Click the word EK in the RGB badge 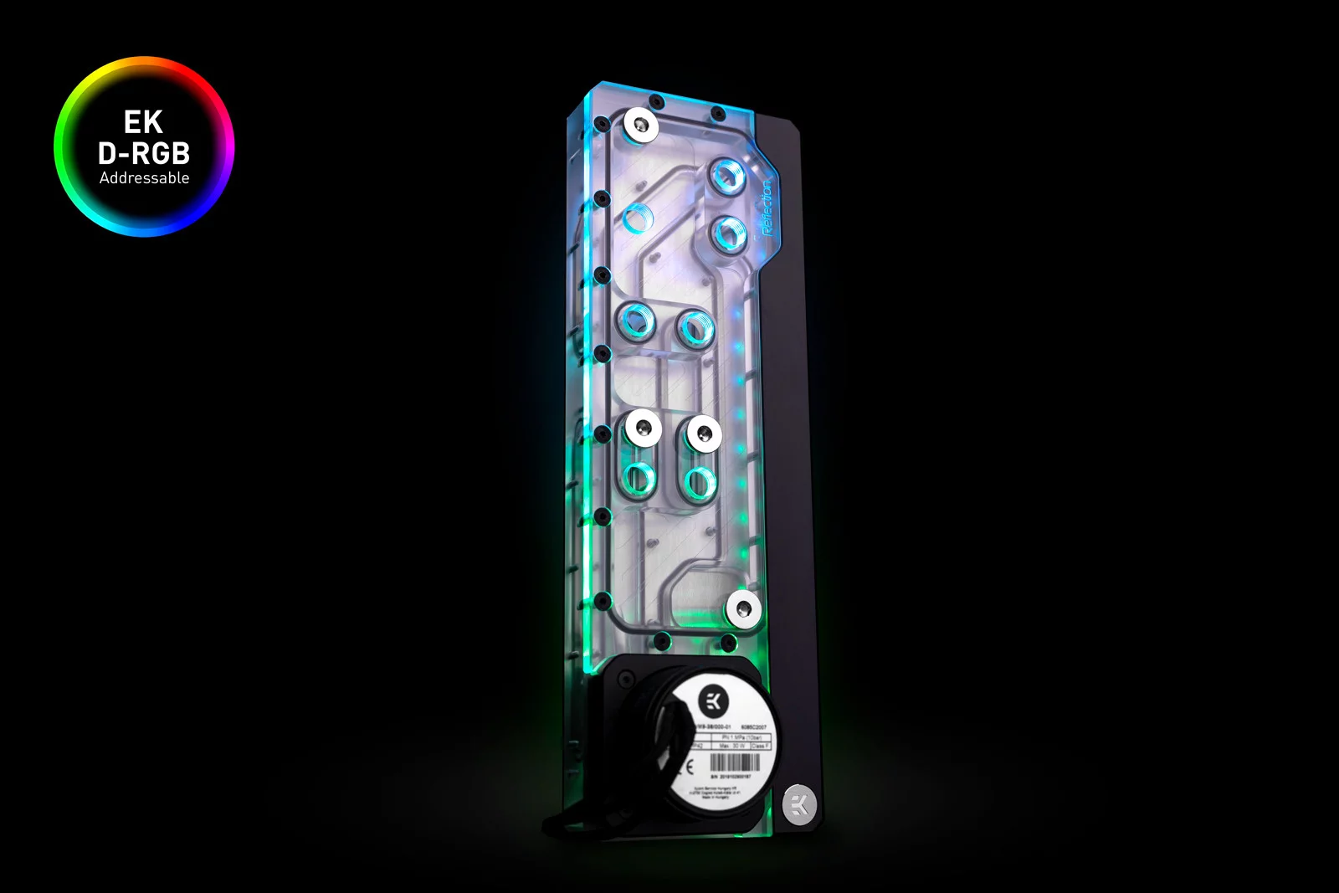click(143, 122)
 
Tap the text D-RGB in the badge click(144, 153)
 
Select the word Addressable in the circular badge click(144, 177)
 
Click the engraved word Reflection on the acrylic click(765, 208)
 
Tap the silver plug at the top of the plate click(641, 126)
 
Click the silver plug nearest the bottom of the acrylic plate click(742, 608)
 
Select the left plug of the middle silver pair click(643, 429)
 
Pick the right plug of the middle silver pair click(704, 434)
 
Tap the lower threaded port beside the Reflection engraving click(729, 233)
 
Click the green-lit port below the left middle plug click(640, 480)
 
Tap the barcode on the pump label click(735, 762)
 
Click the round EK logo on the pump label click(713, 700)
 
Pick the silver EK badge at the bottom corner click(799, 805)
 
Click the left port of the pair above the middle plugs click(636, 321)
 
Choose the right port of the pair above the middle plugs click(695, 327)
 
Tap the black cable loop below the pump click(577, 824)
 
